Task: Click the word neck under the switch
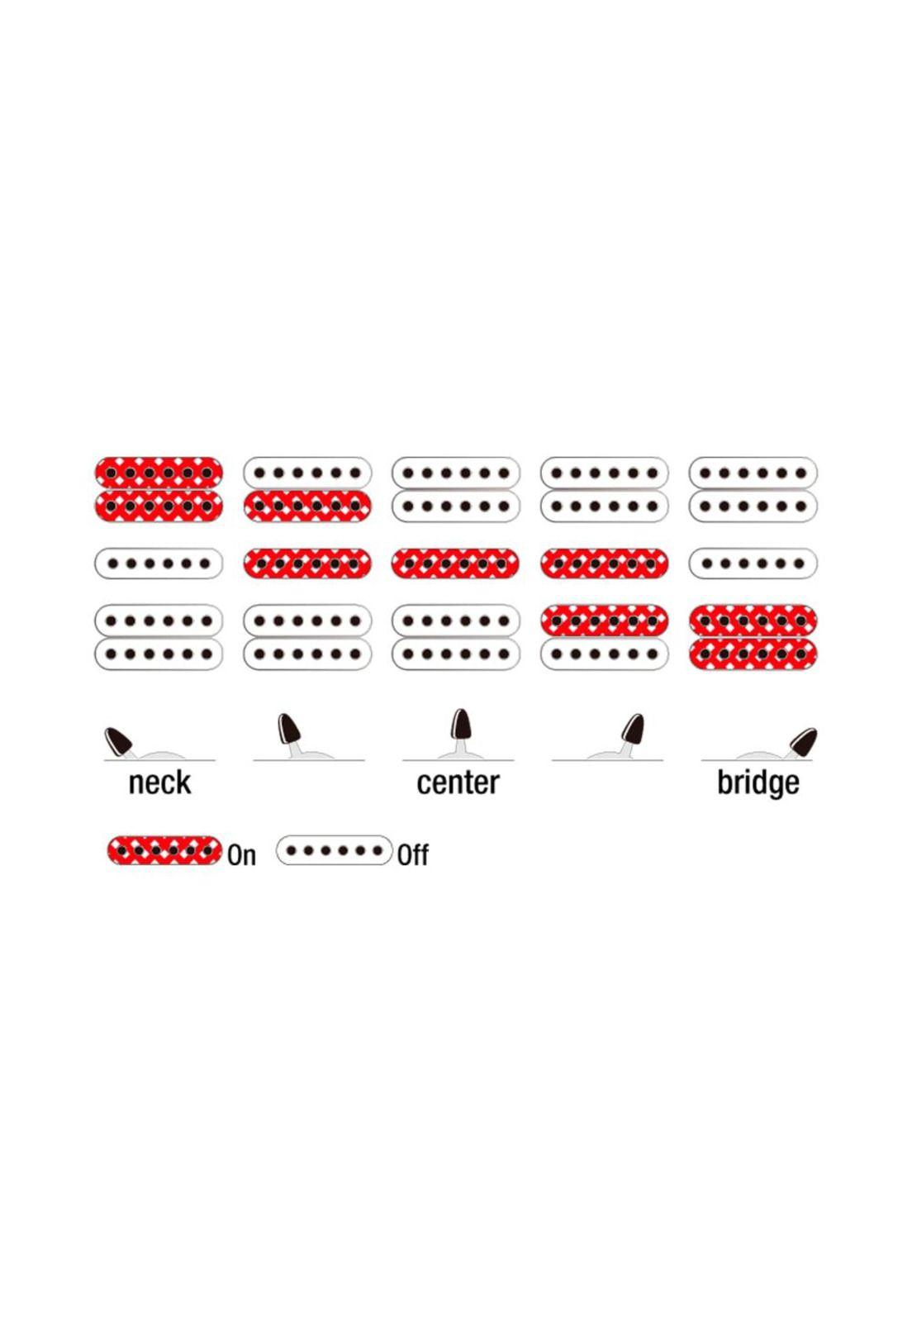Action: [159, 782]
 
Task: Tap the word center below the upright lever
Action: [458, 782]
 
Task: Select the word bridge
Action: [758, 782]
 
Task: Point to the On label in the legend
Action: [242, 855]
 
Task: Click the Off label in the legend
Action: [413, 855]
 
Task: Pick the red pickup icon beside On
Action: [164, 850]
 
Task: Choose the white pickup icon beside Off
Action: [334, 850]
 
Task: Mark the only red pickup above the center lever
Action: [455, 564]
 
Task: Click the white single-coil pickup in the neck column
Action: [159, 564]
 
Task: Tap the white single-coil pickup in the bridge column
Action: [753, 564]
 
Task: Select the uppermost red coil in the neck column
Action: [159, 473]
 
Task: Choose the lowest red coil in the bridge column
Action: [753, 654]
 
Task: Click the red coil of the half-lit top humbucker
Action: [307, 506]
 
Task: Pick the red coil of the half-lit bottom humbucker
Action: [604, 620]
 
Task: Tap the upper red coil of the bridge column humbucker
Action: [753, 620]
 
